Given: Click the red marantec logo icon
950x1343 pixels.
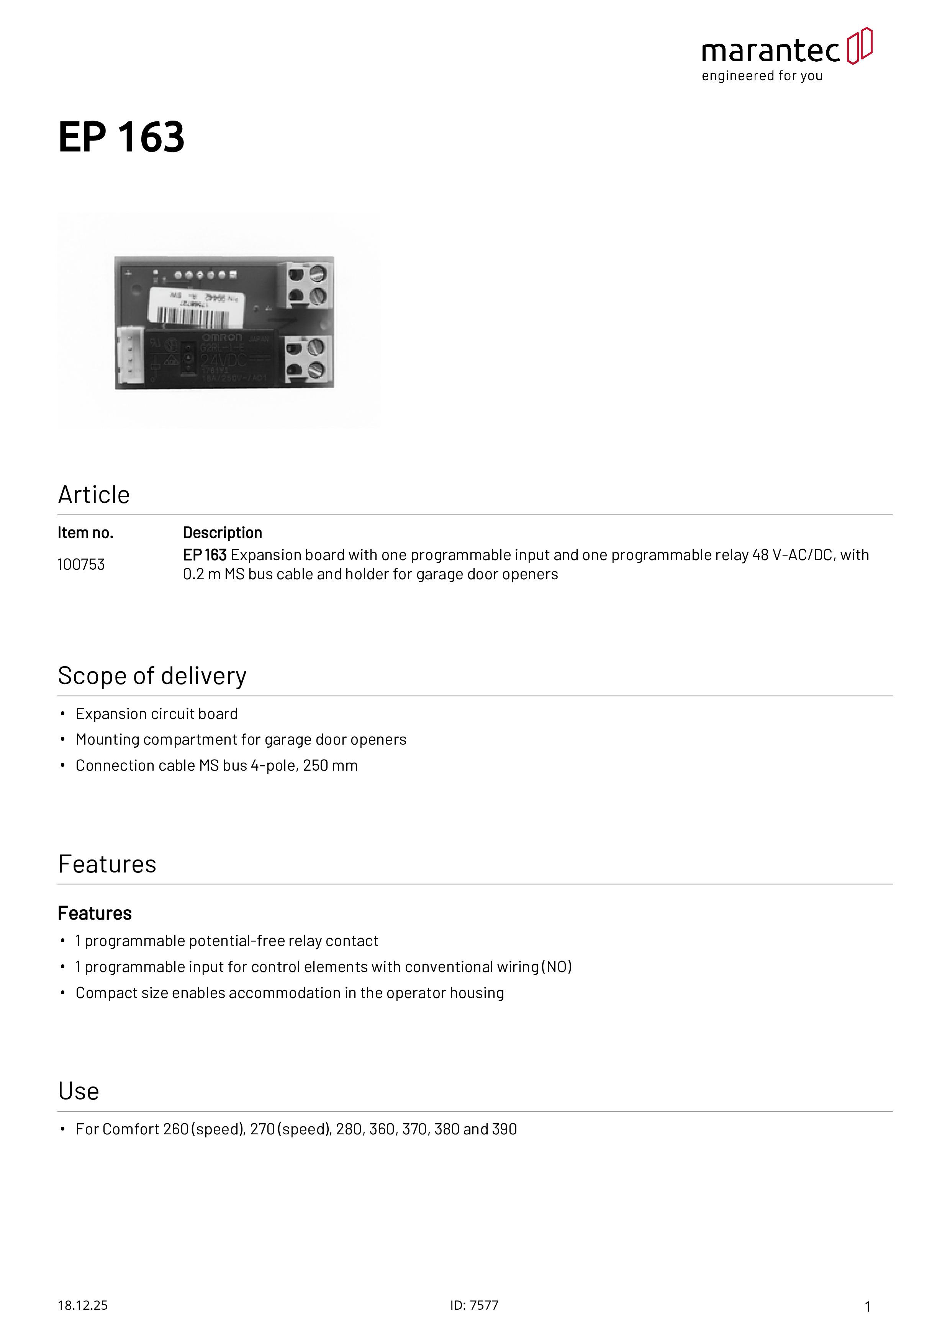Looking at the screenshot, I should pos(859,46).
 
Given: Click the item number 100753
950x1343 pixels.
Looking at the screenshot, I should pos(81,564).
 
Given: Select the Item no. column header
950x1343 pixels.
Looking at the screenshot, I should pos(85,533).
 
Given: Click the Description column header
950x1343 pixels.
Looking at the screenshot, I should pos(223,533).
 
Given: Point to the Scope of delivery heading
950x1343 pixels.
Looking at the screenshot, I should pos(152,676).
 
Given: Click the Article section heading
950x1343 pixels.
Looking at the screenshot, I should pos(93,495).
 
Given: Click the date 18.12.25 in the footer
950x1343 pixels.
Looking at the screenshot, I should pos(82,1305).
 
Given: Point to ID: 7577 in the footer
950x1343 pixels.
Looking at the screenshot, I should pos(474,1305).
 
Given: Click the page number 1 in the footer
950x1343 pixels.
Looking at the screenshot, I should pos(868,1307).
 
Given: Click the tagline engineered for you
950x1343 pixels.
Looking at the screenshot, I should pos(762,76).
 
